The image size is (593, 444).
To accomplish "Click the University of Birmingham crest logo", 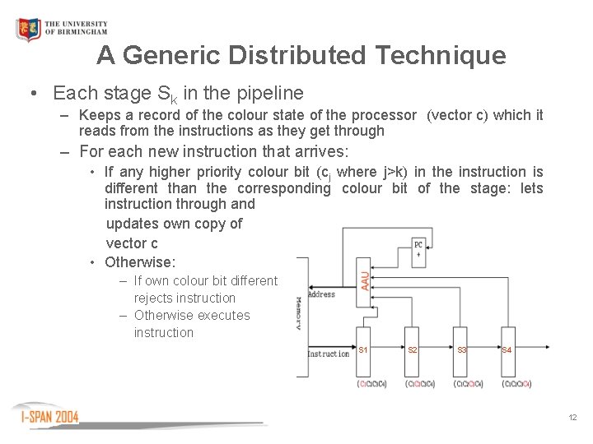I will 28,30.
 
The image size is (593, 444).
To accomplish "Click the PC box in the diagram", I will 418,249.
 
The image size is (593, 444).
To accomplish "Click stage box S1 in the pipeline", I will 363,350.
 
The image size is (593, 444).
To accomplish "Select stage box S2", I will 413,350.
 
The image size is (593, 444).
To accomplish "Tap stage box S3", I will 461,350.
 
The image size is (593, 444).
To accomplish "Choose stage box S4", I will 507,350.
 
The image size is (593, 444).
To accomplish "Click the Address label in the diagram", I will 321,294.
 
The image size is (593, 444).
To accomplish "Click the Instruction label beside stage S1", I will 328,354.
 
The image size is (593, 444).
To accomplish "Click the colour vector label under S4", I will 516,384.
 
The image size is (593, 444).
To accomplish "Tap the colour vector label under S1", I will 371,384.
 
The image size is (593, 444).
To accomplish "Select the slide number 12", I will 572,418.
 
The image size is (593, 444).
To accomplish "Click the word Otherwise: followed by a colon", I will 140,262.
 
